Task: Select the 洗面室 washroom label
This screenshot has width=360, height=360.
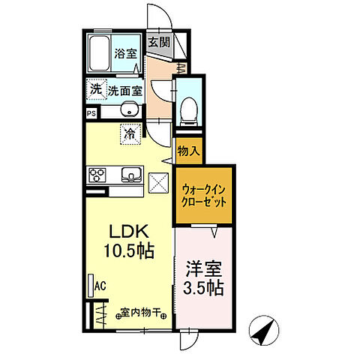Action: (124, 91)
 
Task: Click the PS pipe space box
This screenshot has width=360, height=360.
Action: (91, 114)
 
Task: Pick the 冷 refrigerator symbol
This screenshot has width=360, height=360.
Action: (130, 136)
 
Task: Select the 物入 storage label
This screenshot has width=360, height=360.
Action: (187, 151)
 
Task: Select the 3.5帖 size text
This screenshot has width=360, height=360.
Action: (202, 288)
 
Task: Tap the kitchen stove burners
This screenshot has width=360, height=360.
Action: (97, 176)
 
